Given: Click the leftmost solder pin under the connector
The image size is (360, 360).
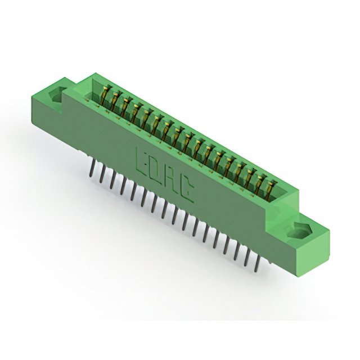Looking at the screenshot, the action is click(91, 168).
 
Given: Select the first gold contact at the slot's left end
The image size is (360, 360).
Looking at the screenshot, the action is click(106, 94).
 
